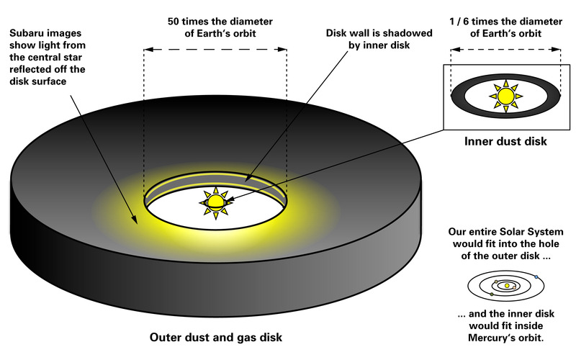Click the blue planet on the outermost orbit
click(x=536, y=276)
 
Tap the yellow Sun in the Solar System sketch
click(x=507, y=285)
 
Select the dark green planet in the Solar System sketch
click(x=492, y=294)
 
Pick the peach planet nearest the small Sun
click(x=514, y=287)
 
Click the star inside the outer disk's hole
click(x=215, y=202)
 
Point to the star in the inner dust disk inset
click(x=506, y=96)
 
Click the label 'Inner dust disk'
click(x=505, y=141)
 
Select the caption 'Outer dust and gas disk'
click(x=215, y=337)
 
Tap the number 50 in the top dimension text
click(x=174, y=22)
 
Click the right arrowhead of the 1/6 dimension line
click(x=557, y=49)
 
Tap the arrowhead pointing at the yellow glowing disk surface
click(x=135, y=220)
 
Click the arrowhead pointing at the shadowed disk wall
click(x=248, y=177)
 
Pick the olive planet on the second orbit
click(x=496, y=282)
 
